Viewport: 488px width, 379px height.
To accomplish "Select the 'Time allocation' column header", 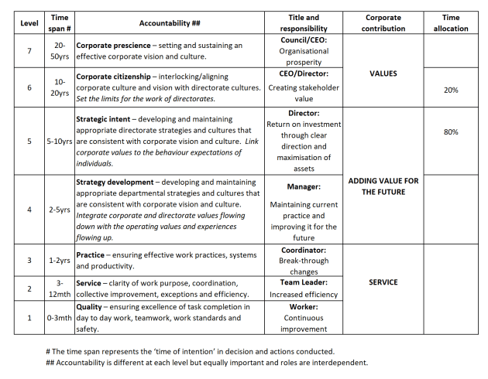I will [450, 22].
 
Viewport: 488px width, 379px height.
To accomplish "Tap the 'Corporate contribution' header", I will [383, 22].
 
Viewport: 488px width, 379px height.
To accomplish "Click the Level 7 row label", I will [29, 51].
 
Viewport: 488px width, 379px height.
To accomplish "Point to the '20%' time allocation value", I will [450, 90].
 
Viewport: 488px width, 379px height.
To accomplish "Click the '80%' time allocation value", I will [450, 132].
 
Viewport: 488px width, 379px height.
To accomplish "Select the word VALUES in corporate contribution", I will [383, 74].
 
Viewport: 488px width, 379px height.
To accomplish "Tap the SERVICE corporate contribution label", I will [383, 282].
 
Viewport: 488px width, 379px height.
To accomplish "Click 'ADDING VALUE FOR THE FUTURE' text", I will [383, 186].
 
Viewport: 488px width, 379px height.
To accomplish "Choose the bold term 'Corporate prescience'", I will [114, 46].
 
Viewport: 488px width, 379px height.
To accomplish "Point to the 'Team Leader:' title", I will [303, 283].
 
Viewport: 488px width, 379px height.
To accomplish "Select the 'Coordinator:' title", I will [303, 250].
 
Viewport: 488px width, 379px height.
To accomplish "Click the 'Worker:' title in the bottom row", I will [303, 306].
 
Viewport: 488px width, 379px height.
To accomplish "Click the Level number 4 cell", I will [29, 210].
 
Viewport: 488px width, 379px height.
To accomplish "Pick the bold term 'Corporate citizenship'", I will [115, 77].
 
